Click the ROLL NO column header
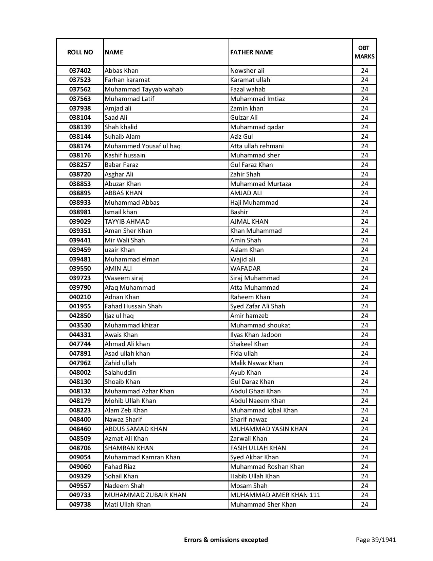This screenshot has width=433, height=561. pos(80,52)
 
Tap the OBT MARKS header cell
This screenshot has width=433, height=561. pos(364,52)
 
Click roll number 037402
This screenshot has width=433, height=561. pos(80,71)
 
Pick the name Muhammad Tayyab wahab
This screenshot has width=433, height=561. pos(144,89)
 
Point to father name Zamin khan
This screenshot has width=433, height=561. pos(247,108)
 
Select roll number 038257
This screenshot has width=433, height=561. pos(80,165)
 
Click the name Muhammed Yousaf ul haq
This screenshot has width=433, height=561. pos(143,146)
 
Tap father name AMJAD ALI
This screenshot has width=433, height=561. pos(246,193)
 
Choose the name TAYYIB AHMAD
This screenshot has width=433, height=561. pos(127,222)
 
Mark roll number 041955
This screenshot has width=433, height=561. pos(80,306)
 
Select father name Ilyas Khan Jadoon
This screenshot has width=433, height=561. pos(256,335)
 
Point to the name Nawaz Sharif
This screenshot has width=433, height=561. pos(123,420)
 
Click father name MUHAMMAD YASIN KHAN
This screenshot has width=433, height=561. pos(269,429)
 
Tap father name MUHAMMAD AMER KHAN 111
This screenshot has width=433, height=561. pos(275,495)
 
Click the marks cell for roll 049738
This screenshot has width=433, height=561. pos(364,505)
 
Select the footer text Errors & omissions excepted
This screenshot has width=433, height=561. pos(226,540)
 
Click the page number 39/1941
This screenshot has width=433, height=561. pos(376,540)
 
